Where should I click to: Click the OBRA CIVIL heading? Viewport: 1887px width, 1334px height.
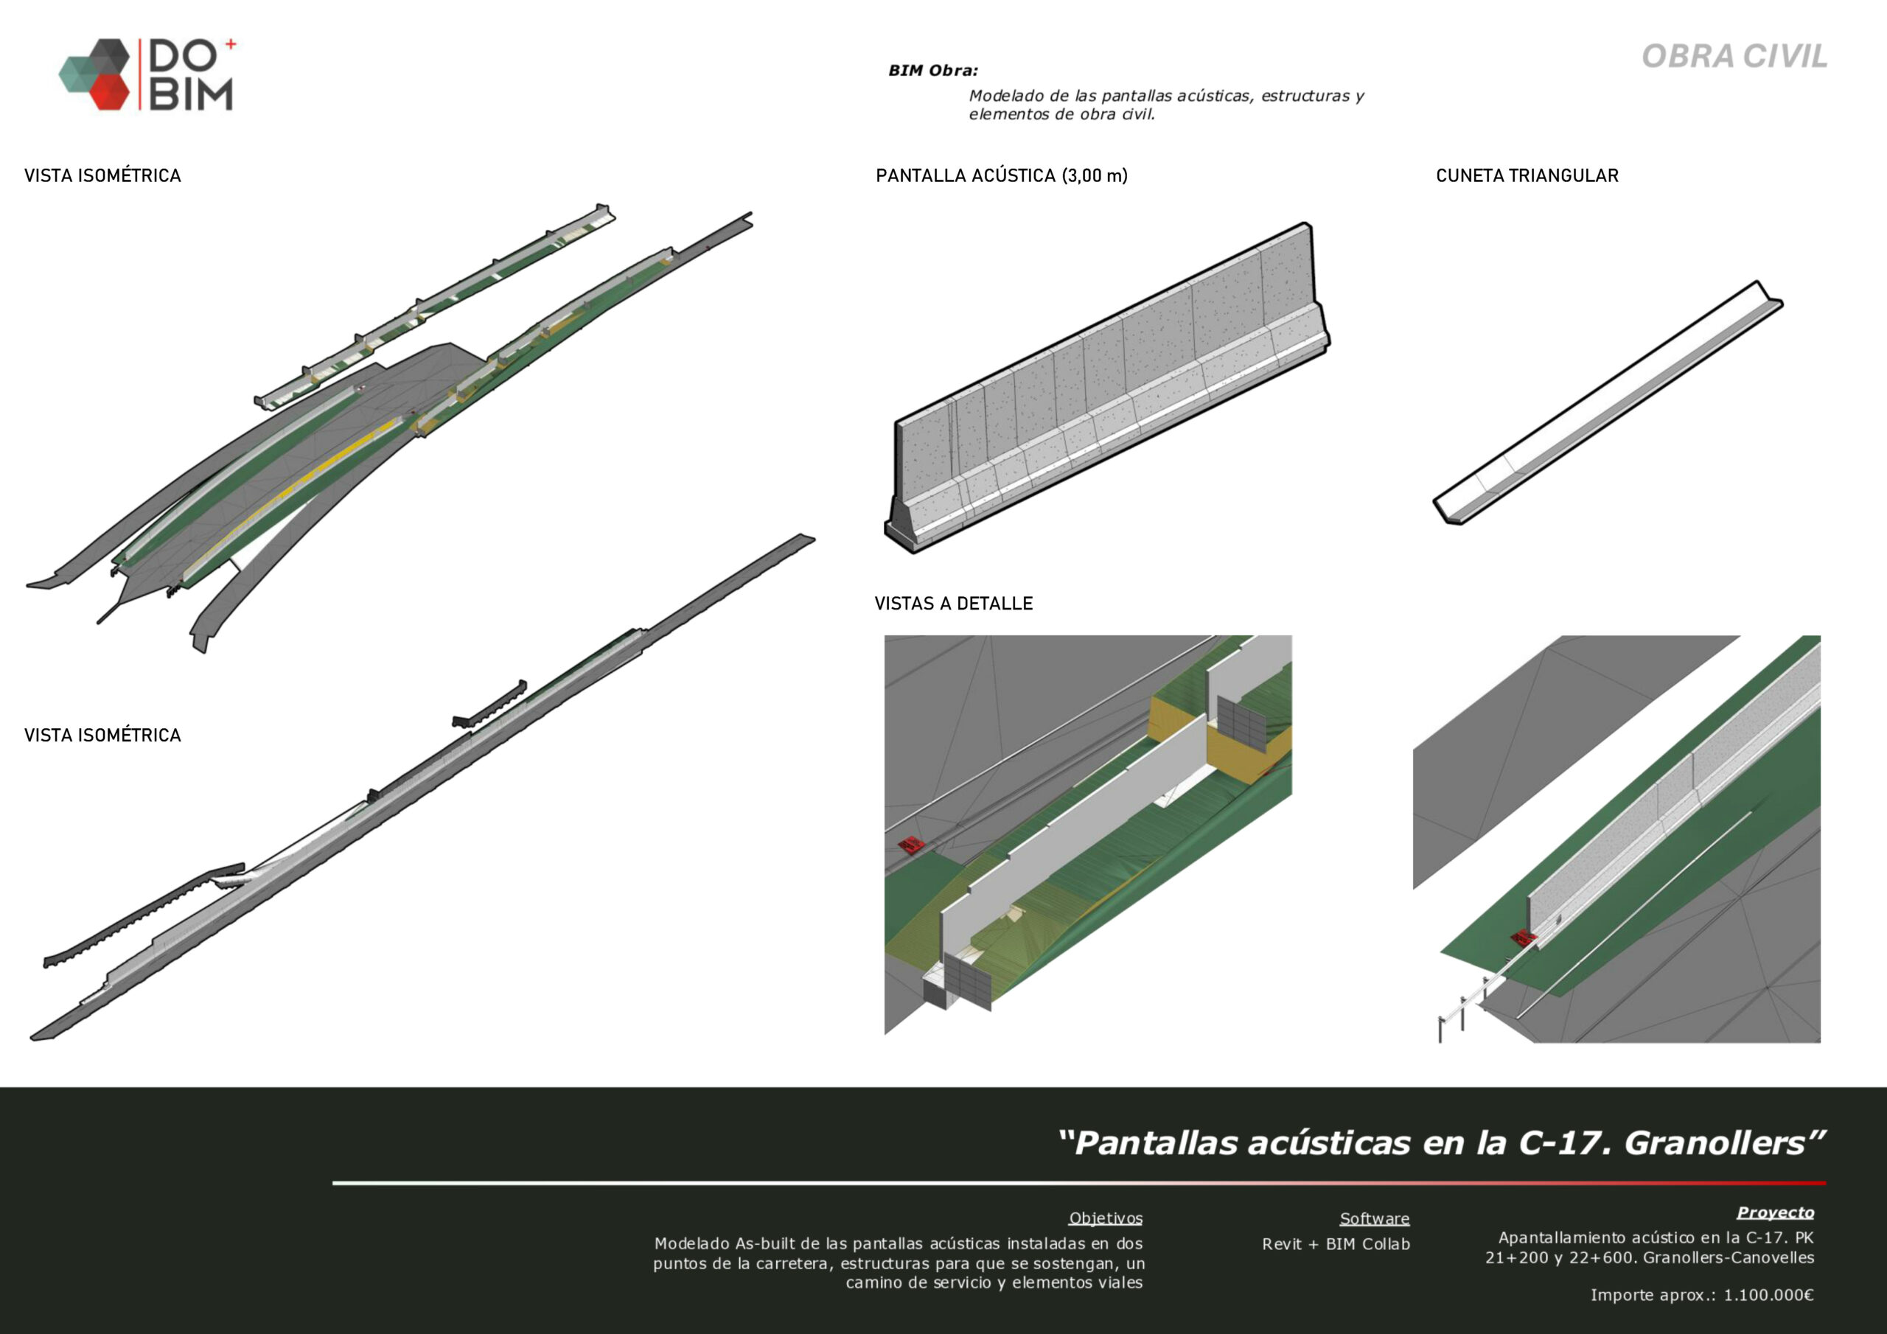(1734, 57)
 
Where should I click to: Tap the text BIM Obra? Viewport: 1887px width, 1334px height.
(933, 71)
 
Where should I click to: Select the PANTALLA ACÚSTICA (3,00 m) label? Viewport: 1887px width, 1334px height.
(1001, 175)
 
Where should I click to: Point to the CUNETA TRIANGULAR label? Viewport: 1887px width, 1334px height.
(1527, 175)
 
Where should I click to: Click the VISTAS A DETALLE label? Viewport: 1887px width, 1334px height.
(953, 604)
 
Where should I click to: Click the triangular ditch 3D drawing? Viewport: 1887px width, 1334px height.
(1608, 402)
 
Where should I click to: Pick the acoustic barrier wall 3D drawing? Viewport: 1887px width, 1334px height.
(1106, 388)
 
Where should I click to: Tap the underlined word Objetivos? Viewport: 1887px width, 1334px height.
(1106, 1218)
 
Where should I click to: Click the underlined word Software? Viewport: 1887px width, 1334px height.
(1374, 1218)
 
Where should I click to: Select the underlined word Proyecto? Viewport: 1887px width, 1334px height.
(1775, 1212)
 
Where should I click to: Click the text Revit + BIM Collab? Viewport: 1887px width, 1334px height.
(1336, 1244)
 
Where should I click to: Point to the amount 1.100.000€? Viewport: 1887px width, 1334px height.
(1768, 1296)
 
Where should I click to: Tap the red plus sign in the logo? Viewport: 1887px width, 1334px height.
(230, 44)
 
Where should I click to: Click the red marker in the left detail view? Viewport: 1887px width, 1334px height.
(909, 844)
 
